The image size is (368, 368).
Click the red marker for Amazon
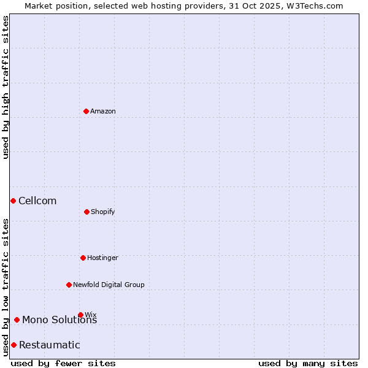pos(86,111)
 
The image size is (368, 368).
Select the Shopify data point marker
pos(86,212)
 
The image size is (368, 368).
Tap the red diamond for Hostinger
pos(83,258)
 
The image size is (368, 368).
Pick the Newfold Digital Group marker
pos(69,285)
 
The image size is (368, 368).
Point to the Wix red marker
pos(80,315)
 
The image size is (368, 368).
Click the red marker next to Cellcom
pos(13,201)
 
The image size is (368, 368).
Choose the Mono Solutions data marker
pos(17,320)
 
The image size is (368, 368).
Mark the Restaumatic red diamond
pos(13,345)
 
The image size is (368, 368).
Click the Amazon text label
pos(103,111)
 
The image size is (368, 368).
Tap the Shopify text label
pos(103,212)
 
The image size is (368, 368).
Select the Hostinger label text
pos(102,258)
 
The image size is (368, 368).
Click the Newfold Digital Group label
pos(109,285)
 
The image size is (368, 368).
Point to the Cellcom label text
pos(37,201)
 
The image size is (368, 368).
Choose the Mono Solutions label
pos(59,320)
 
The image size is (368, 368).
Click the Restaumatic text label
pos(50,345)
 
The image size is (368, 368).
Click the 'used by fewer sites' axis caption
pos(63,363)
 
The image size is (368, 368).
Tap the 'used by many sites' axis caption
pos(308,363)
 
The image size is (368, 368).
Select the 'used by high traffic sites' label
pos(6,87)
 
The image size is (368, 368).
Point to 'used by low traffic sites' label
pos(6,288)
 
